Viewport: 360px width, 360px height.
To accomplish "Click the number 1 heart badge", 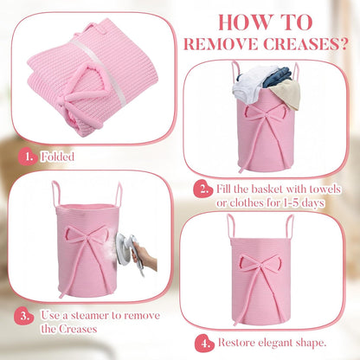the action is [x=28, y=157].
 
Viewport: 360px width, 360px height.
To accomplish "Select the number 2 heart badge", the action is [x=203, y=190].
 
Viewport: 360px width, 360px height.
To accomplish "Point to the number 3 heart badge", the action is [x=23, y=316].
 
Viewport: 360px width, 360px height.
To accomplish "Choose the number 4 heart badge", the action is [x=204, y=344].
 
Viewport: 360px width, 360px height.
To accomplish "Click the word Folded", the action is [x=58, y=157].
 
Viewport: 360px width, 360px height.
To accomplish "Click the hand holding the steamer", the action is [x=145, y=259].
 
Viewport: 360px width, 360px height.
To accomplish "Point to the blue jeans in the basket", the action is [x=276, y=76].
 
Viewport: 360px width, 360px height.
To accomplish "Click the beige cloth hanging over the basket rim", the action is [x=288, y=93].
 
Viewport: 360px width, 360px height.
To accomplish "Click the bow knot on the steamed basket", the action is [x=87, y=237].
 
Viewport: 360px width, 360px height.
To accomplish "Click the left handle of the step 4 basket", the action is [x=230, y=227].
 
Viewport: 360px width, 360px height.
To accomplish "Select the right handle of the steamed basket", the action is [x=119, y=194].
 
